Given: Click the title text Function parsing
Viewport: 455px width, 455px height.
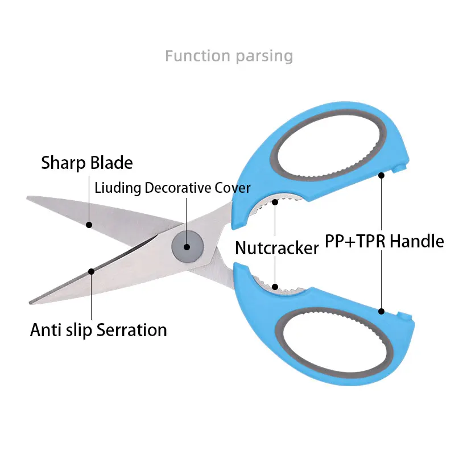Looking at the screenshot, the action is (x=229, y=56).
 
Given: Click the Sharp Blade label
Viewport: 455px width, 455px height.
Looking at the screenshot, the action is (x=87, y=163).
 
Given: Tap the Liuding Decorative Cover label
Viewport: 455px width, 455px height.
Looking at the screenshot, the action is (x=172, y=188).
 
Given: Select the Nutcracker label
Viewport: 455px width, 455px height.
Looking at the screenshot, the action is (x=277, y=248).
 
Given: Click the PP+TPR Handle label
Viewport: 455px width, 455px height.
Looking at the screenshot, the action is (x=384, y=241).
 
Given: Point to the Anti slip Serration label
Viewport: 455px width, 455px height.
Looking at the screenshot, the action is (x=98, y=330).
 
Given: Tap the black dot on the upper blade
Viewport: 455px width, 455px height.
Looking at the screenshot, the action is (x=89, y=225).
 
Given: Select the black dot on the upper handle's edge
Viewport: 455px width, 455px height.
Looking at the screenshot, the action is (x=382, y=175).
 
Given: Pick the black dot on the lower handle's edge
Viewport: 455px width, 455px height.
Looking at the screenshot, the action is (x=382, y=311).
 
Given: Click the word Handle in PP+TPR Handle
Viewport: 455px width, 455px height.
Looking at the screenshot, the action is (x=416, y=241).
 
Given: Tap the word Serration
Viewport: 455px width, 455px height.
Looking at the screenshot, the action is (x=131, y=330).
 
